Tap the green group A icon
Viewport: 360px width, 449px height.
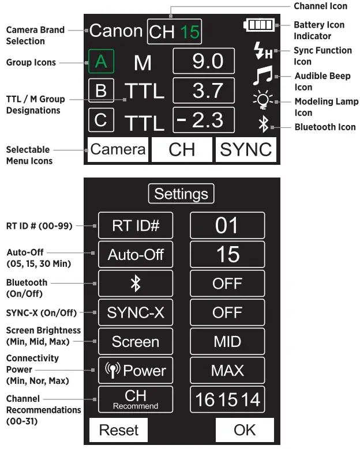click(x=101, y=62)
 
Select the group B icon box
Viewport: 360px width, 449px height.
click(x=101, y=90)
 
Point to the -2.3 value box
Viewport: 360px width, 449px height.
click(x=204, y=120)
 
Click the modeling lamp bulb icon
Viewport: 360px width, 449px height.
click(x=263, y=101)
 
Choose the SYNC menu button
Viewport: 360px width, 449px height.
click(x=246, y=150)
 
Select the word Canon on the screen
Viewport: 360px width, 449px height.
click(x=115, y=31)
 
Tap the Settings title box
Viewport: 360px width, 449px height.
click(x=181, y=194)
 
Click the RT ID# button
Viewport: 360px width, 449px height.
click(x=135, y=225)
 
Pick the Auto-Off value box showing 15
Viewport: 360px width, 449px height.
click(x=227, y=254)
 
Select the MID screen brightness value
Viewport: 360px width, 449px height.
click(x=227, y=341)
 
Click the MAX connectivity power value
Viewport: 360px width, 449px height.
click(x=227, y=370)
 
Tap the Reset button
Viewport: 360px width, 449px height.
click(x=118, y=430)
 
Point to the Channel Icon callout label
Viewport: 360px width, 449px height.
click(x=321, y=6)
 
